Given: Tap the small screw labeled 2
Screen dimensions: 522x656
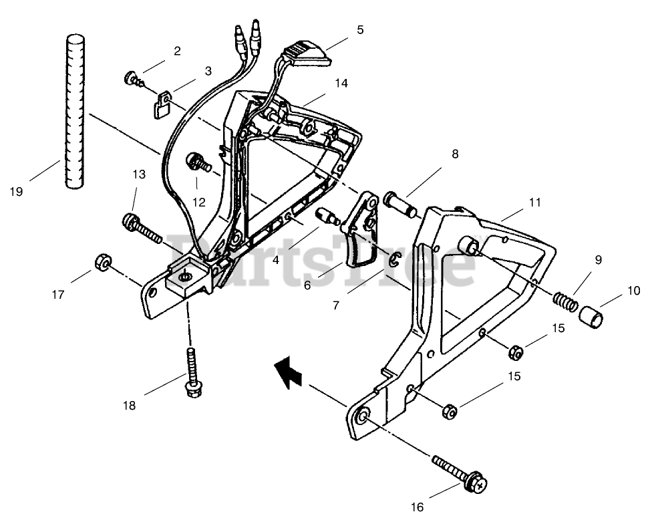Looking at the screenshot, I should [x=132, y=80].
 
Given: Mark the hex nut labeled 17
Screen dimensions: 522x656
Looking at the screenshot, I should [x=103, y=260].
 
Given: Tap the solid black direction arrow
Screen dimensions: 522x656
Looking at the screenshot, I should [x=289, y=371].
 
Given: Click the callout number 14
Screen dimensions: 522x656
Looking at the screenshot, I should [x=341, y=84].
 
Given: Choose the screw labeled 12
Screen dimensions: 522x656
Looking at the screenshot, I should [x=198, y=161].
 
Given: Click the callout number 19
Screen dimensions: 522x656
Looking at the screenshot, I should [x=17, y=191].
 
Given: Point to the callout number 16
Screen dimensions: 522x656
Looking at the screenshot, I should [x=417, y=507].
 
